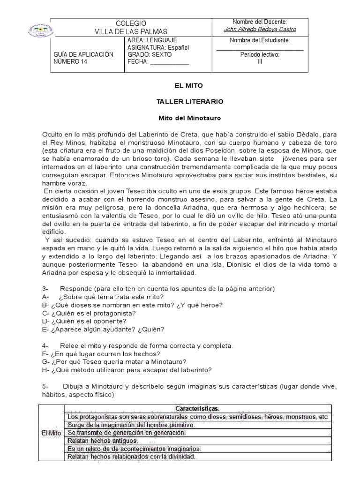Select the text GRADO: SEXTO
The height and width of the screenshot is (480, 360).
coord(147,54)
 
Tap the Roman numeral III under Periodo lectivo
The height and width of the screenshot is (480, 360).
coord(260,61)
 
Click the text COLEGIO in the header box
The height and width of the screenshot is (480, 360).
coord(131,23)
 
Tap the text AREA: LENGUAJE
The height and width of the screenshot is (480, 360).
coord(152,40)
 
